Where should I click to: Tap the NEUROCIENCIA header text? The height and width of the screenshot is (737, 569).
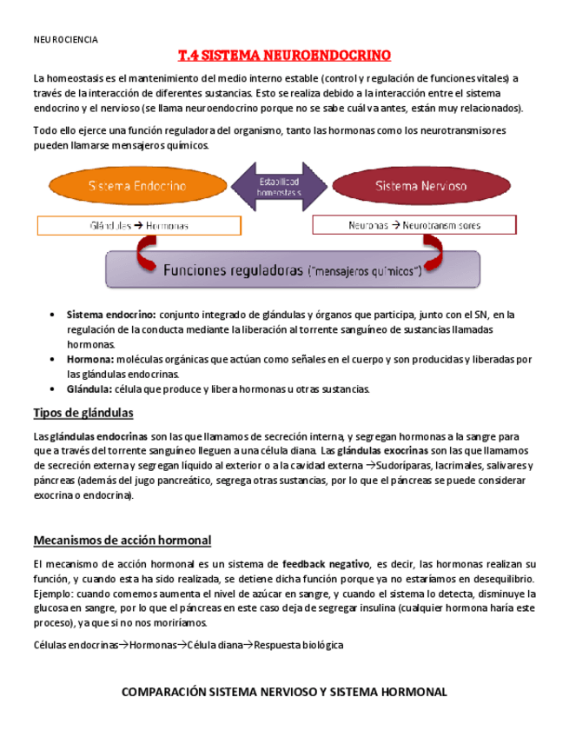coord(65,40)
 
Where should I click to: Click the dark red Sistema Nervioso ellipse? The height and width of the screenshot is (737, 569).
coord(420,186)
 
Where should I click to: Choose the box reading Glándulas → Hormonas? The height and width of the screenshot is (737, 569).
coord(139,225)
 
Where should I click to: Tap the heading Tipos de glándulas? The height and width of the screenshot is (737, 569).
coord(83,412)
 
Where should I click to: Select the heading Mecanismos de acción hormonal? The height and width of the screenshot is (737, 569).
coord(122,541)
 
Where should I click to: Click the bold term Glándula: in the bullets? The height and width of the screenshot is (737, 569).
coord(89,388)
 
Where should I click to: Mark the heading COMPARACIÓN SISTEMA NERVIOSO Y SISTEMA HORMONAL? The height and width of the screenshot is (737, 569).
coord(284,692)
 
